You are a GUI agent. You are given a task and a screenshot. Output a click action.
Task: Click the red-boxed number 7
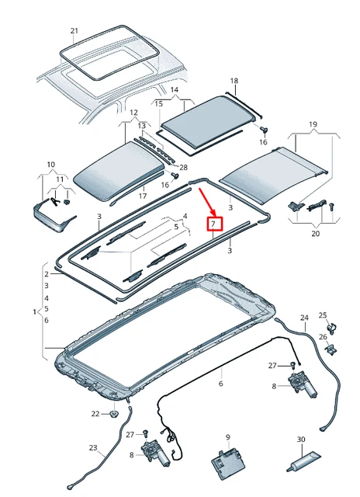pos(215,224)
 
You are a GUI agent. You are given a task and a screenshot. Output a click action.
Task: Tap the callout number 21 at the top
pos(74,32)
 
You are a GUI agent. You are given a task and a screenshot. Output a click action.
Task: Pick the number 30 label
pos(300,440)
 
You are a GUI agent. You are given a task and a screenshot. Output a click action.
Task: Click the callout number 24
pos(304,318)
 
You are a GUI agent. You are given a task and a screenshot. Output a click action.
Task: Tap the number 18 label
pos(234,81)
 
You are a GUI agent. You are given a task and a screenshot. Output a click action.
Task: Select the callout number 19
pos(313,124)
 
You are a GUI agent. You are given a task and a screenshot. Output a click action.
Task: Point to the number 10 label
pos(51,165)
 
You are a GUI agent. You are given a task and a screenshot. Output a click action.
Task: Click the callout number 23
pos(93,447)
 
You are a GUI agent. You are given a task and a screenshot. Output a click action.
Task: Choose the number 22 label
pos(95,414)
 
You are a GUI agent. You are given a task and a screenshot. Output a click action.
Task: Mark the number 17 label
pos(142,196)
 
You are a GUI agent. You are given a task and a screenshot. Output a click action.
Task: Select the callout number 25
pos(323,315)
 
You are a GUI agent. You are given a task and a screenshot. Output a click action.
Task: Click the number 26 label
pos(323,336)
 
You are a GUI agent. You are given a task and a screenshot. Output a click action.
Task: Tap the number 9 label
pos(228,437)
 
